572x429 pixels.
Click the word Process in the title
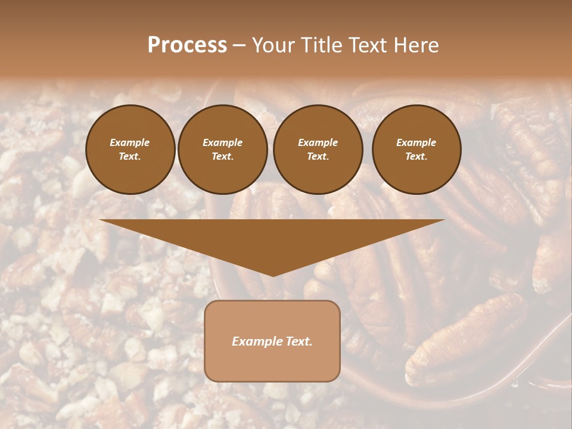(187, 45)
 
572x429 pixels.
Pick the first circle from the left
(130, 150)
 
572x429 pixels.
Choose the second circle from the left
(223, 150)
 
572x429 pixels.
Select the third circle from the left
(318, 150)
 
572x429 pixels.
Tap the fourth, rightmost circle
(416, 150)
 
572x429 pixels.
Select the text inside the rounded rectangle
(272, 341)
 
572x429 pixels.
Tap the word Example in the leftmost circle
(130, 142)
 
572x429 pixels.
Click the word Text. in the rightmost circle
(416, 157)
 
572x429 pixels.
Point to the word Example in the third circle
(318, 142)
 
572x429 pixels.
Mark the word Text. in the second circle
(223, 157)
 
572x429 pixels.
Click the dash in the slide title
(239, 45)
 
